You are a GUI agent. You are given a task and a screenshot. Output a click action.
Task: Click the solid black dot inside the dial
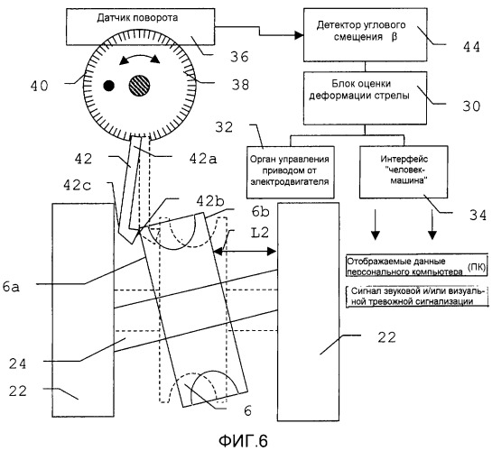coord(109,86)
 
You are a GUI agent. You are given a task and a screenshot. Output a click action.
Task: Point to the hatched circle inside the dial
coord(139,86)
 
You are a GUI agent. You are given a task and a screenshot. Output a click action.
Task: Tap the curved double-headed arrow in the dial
coord(140,57)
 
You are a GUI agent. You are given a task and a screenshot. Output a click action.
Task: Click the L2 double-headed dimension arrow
coord(245,251)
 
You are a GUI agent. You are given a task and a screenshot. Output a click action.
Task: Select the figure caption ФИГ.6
coord(243,441)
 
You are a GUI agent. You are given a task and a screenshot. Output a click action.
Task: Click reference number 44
coord(471,47)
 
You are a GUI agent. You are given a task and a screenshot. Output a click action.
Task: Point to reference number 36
coord(239,57)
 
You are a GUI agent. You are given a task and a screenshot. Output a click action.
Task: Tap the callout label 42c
coord(78,185)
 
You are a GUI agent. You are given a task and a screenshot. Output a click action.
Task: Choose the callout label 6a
coord(11,287)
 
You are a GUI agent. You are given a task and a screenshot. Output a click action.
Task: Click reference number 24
coord(17,364)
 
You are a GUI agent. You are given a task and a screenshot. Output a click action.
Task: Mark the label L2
coord(260,233)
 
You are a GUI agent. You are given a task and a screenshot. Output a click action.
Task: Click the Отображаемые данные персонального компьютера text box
coord(417,265)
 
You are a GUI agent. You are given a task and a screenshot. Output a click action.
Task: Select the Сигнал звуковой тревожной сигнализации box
coord(417,296)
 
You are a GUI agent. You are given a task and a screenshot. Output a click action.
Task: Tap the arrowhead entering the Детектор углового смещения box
coord(299,35)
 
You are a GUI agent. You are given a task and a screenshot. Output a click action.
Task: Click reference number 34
coord(478,216)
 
